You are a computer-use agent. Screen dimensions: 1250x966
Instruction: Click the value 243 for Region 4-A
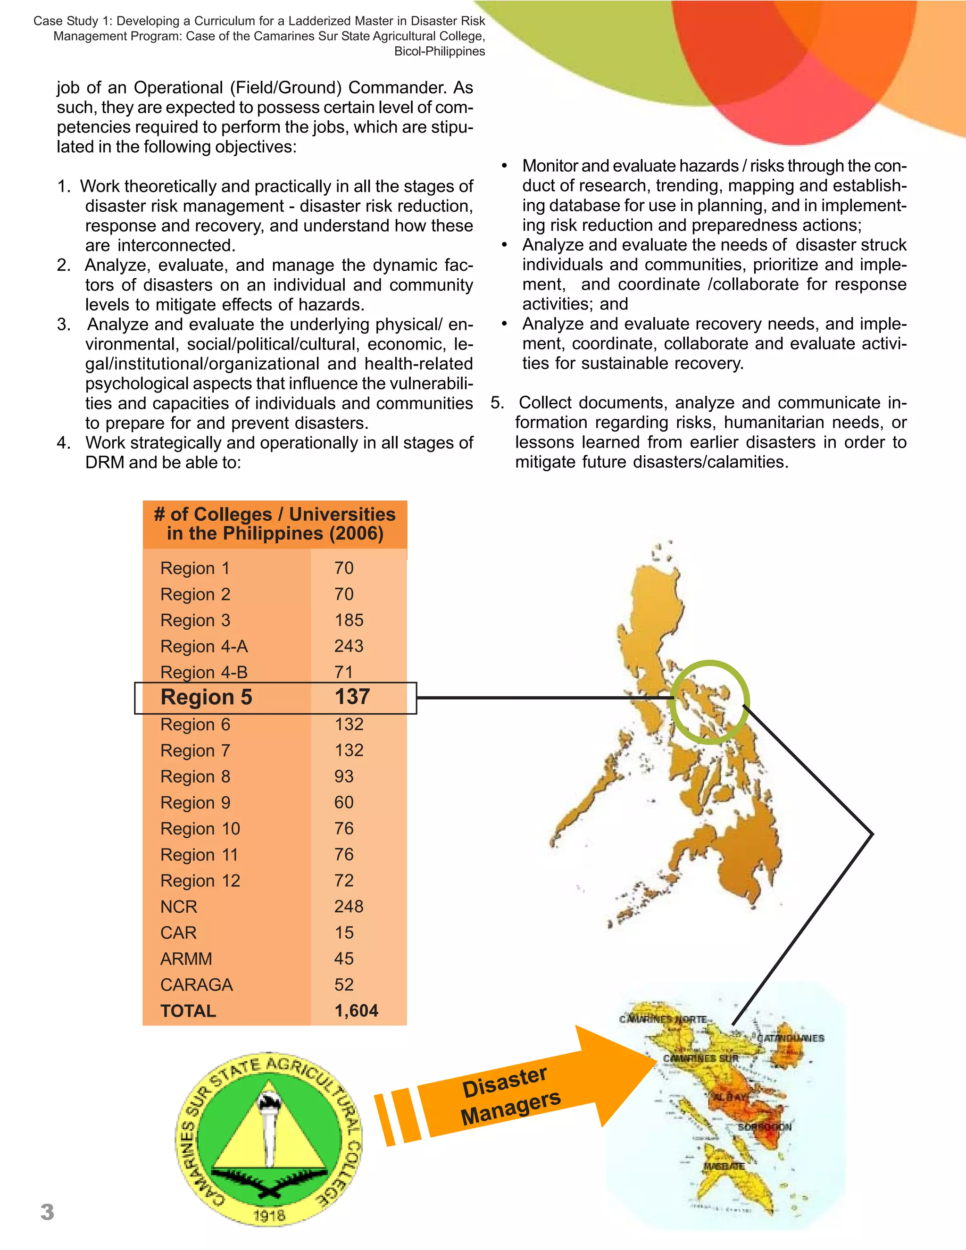(x=349, y=646)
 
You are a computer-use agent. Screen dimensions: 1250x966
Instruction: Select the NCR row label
(x=179, y=907)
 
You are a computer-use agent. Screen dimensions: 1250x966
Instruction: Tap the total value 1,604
(x=356, y=1011)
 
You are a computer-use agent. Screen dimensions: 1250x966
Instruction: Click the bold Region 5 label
(x=206, y=697)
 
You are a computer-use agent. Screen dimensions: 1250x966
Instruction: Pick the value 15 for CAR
(x=344, y=933)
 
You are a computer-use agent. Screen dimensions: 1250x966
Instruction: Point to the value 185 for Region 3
(x=349, y=620)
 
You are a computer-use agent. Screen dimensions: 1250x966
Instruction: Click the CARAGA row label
(x=196, y=985)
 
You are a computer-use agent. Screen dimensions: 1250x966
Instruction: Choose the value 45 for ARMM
(x=344, y=958)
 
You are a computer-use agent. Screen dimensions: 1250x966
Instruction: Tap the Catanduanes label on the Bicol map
(x=791, y=1038)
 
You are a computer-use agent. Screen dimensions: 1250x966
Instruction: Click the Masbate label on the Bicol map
(x=724, y=1166)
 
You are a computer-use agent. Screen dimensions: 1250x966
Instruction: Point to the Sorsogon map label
(x=764, y=1127)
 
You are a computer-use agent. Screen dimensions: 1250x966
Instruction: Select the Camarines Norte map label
(x=663, y=1019)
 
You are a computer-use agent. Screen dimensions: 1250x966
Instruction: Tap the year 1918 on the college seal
(x=269, y=1215)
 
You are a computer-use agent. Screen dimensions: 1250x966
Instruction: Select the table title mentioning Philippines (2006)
(x=275, y=524)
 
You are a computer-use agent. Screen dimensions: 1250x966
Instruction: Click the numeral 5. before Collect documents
(x=497, y=403)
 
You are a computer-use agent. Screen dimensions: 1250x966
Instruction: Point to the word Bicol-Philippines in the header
(x=439, y=51)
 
